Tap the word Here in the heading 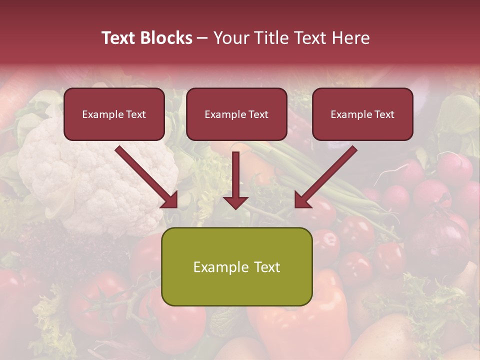(x=350, y=38)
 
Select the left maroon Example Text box (x=114, y=114)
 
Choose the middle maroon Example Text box (x=236, y=114)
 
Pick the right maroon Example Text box (x=362, y=114)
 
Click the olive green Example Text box (x=236, y=266)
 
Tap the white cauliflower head (x=95, y=175)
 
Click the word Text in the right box (x=384, y=114)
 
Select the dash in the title (x=202, y=38)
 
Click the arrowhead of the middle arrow (x=235, y=202)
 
